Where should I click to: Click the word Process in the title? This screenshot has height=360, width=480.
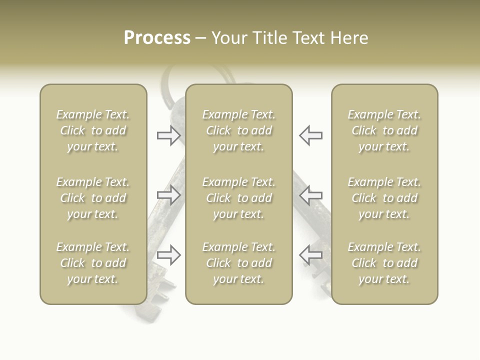click(x=157, y=38)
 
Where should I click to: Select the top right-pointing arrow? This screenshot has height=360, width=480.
click(x=168, y=135)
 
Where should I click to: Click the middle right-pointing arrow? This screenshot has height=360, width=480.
click(x=168, y=195)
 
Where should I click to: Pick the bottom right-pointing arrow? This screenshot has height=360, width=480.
click(x=168, y=255)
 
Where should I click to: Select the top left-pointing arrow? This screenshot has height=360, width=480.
click(x=310, y=135)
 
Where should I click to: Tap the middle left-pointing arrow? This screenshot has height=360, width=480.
click(x=310, y=195)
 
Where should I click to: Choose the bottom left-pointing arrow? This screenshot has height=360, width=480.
click(x=310, y=255)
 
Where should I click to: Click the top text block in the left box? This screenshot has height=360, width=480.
click(x=93, y=130)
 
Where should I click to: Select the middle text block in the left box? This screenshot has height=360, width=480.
click(x=93, y=198)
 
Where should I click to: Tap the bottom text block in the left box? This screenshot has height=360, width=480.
click(x=93, y=263)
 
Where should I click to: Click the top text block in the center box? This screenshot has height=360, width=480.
click(x=238, y=130)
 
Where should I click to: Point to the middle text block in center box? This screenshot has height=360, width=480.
click(x=238, y=198)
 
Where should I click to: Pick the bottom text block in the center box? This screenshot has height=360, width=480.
click(x=238, y=263)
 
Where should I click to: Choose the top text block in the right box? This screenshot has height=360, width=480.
click(x=384, y=130)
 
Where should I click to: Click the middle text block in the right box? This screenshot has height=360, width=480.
click(x=384, y=198)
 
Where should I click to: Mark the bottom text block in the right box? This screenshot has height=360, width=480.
click(x=384, y=263)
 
